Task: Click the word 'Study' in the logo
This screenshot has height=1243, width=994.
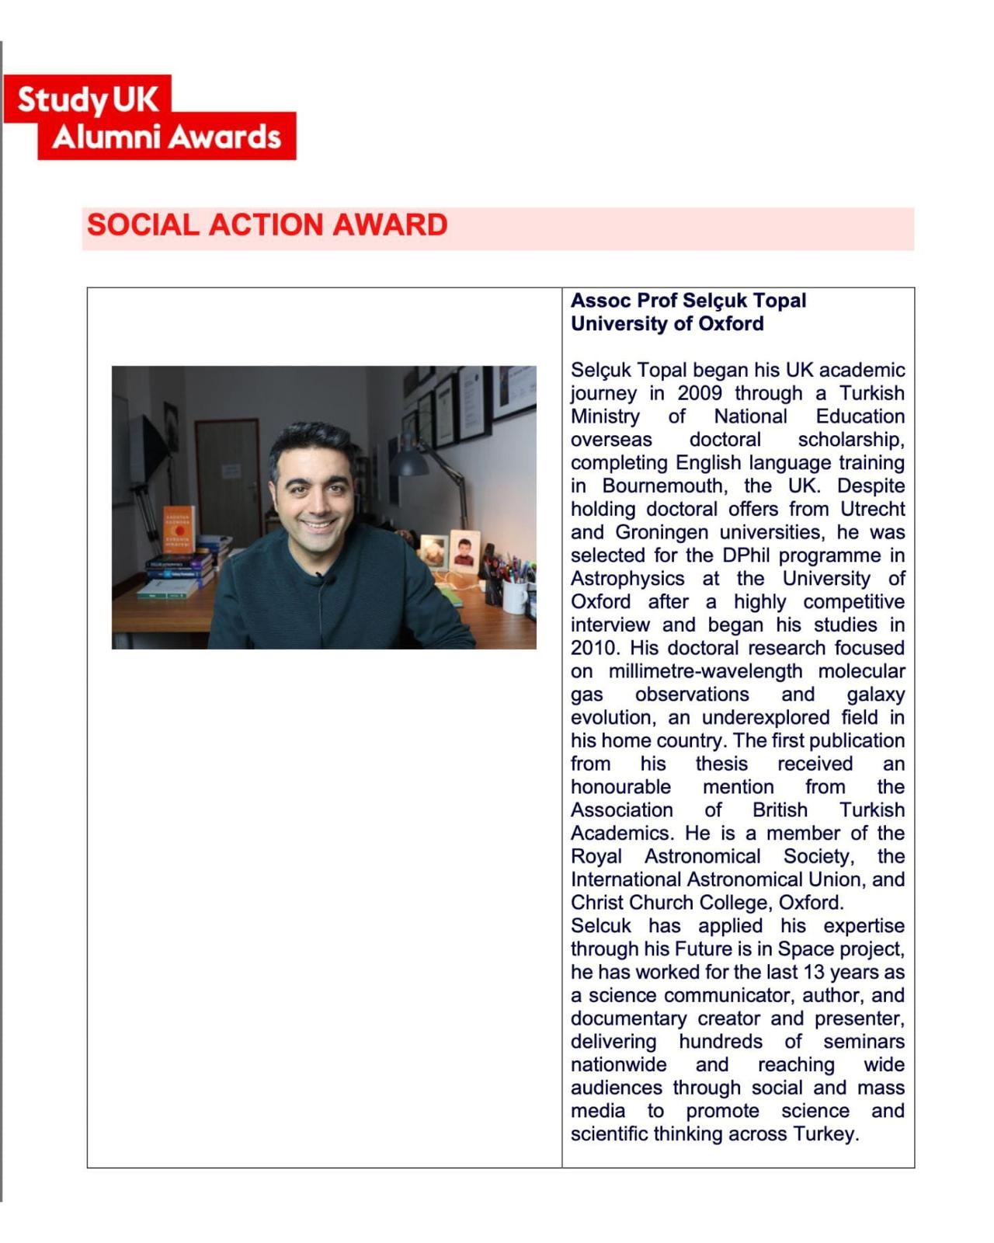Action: (x=63, y=99)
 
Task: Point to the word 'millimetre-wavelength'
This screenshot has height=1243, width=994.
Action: (x=705, y=671)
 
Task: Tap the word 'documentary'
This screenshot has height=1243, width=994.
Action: (x=628, y=1018)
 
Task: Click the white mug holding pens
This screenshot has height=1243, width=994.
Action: (x=515, y=596)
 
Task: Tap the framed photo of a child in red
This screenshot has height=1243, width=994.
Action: (x=464, y=552)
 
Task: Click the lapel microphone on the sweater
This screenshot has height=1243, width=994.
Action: (x=321, y=578)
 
